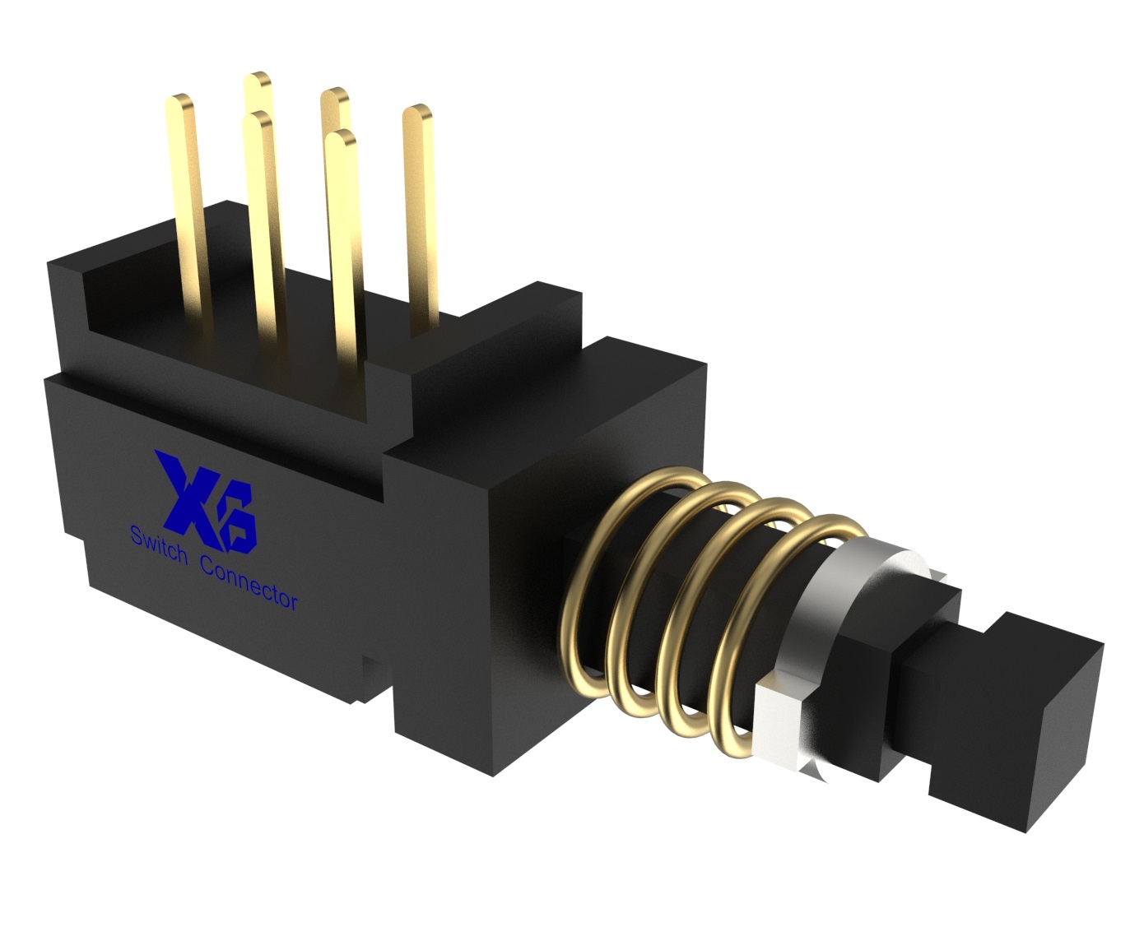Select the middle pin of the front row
(263, 230)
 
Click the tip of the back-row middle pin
(333, 99)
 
